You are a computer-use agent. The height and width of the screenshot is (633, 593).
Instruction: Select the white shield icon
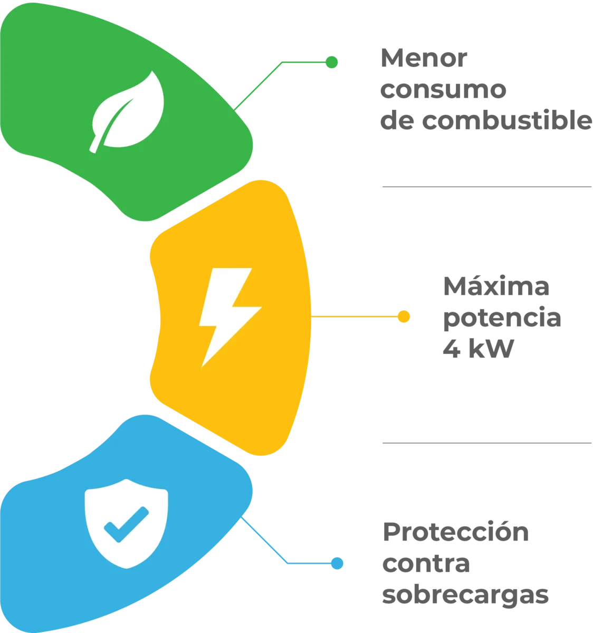126,524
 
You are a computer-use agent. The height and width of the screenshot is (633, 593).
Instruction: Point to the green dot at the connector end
331,62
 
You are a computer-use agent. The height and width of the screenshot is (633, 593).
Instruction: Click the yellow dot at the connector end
404,316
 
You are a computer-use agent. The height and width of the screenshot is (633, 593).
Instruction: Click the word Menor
424,58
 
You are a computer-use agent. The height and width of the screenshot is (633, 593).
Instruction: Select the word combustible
507,120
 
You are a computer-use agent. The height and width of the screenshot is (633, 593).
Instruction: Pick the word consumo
443,90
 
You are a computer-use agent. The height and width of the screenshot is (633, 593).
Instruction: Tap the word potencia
502,318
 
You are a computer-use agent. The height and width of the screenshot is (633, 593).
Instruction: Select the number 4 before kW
452,348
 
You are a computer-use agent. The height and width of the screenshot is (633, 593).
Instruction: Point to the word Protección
456,531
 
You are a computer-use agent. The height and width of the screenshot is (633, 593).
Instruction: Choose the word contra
426,563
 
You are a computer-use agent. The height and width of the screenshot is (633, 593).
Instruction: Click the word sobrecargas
465,594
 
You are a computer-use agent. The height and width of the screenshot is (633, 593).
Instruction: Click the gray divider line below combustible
487,187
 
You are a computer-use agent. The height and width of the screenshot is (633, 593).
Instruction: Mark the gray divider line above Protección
487,443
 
